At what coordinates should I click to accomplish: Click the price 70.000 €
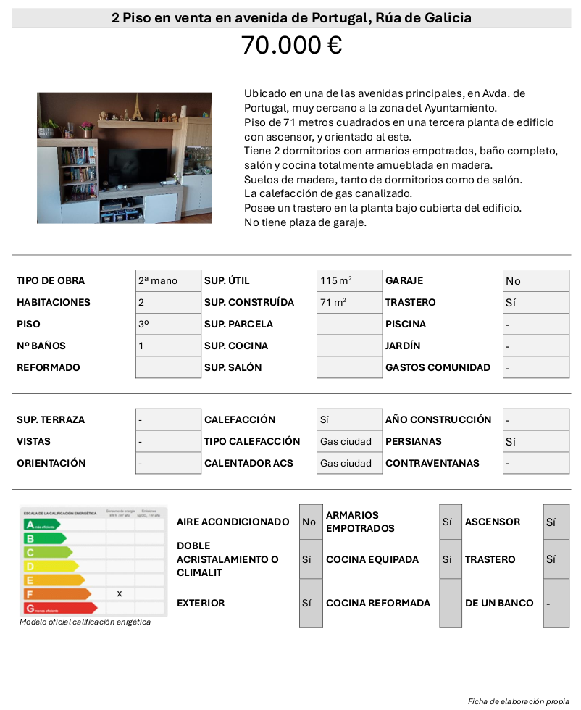tap(291, 46)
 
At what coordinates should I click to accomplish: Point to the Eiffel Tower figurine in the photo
tap(134, 108)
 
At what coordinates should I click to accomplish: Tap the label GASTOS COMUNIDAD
tap(438, 368)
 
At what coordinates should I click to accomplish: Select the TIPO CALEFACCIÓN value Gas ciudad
tap(346, 442)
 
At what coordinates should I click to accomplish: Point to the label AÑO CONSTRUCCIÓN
tap(438, 420)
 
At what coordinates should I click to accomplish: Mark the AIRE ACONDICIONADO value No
tap(309, 522)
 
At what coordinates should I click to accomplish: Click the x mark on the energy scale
tap(120, 593)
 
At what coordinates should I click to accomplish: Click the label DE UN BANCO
tap(499, 603)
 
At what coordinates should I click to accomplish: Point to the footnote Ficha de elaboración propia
tap(519, 701)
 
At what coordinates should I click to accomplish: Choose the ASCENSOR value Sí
tap(551, 522)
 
